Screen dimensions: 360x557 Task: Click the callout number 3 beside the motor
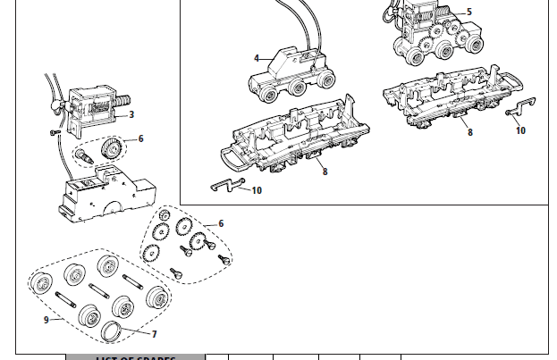131,114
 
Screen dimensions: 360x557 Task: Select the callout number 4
257,59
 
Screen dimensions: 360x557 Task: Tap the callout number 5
469,13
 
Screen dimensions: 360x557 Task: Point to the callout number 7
154,334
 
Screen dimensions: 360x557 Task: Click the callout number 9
46,320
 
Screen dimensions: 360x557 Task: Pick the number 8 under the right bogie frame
469,132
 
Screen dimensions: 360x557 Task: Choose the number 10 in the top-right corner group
520,130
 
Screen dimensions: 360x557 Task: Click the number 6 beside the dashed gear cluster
221,223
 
